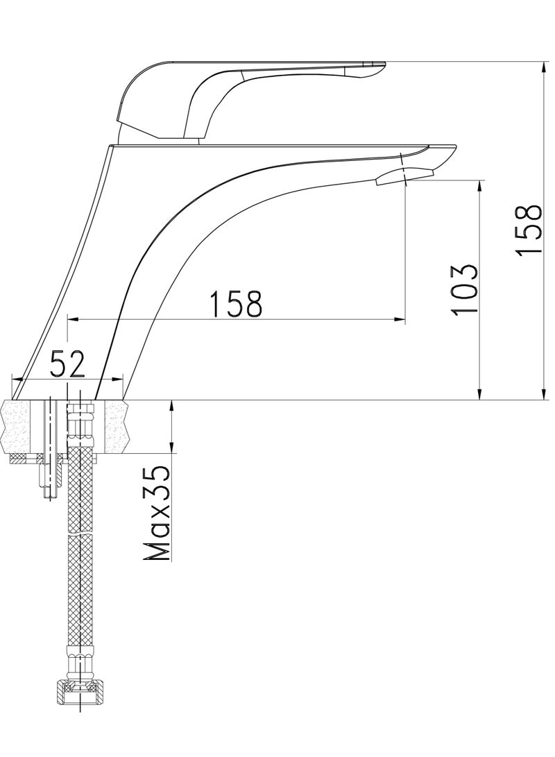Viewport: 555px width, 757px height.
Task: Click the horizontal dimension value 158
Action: click(237, 303)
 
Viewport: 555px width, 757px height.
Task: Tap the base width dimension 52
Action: click(68, 363)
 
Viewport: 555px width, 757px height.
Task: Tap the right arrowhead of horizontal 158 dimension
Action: click(400, 320)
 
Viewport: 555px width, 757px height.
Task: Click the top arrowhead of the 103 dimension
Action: click(479, 185)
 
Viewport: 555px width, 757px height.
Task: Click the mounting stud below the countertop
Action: click(49, 479)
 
